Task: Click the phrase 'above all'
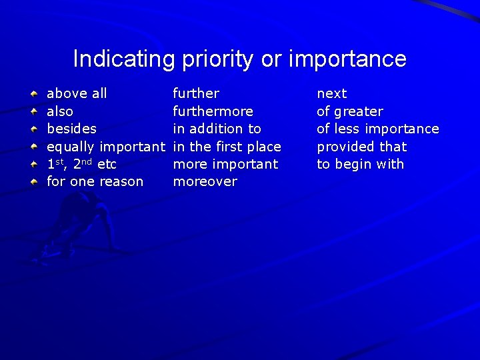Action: [77, 94]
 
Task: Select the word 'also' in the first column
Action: [60, 111]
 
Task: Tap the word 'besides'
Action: [71, 129]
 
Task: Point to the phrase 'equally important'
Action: [105, 147]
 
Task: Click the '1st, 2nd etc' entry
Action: [81, 164]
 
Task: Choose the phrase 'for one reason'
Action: [95, 181]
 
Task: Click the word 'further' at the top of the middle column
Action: [196, 94]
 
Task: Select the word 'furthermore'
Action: [213, 111]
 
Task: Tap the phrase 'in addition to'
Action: [217, 129]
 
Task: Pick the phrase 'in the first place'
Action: [227, 147]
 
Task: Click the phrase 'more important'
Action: [225, 164]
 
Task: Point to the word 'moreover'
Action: [205, 181]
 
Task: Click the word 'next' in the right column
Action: [331, 94]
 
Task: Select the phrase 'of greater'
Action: [349, 111]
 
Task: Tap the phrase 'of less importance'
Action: [377, 129]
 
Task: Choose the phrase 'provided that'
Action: [361, 147]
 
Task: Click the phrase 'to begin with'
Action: [360, 164]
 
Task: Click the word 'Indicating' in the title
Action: [123, 59]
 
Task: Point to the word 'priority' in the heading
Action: [217, 59]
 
